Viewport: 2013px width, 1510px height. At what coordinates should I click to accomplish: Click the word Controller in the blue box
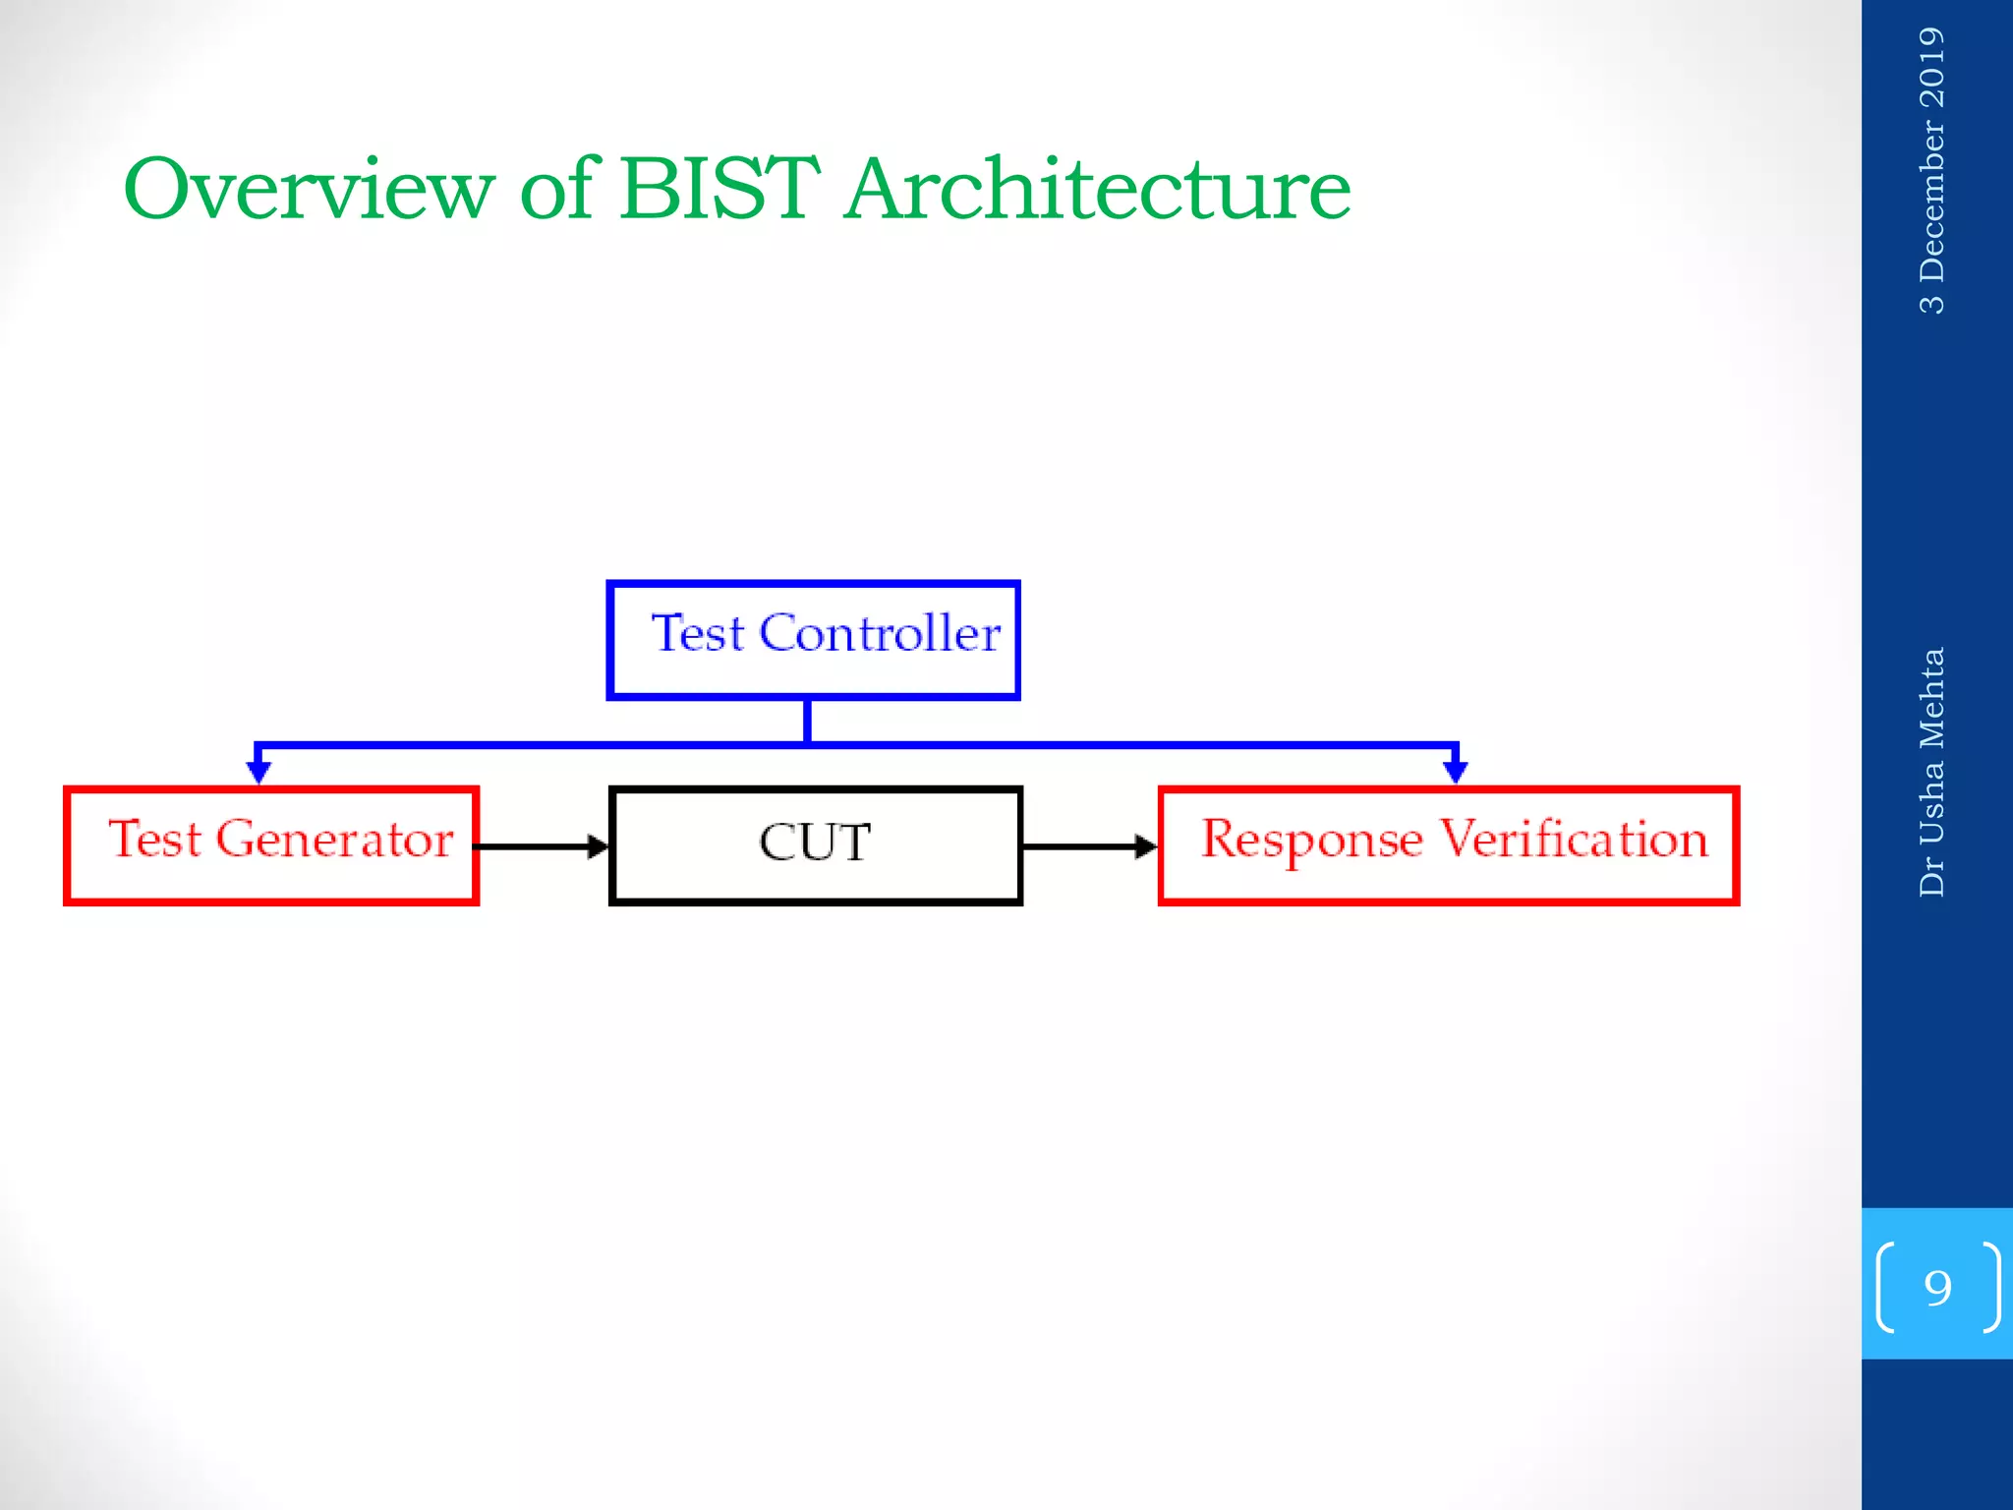(880, 633)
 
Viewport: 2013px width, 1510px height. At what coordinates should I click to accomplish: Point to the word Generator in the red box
(334, 840)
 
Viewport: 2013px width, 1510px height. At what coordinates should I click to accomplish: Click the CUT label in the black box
(815, 842)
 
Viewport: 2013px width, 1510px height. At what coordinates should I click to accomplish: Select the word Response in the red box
(1311, 841)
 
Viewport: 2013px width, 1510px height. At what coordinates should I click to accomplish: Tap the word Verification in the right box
(1574, 840)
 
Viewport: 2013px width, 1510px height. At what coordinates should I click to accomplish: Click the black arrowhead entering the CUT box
(599, 846)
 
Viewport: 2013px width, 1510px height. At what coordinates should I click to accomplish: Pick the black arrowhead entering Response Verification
(1146, 846)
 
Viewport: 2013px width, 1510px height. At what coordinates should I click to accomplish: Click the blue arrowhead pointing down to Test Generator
(259, 772)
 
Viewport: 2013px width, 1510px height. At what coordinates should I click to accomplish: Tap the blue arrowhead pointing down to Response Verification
(1456, 772)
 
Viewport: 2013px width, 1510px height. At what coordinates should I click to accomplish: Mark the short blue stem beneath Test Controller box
(807, 720)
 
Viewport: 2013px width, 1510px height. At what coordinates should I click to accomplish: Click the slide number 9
(1937, 1287)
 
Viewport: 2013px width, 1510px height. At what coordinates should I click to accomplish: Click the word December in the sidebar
(1931, 201)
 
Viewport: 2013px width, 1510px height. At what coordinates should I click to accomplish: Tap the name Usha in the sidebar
(1931, 803)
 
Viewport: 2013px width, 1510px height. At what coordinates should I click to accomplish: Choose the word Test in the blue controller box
(697, 633)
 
